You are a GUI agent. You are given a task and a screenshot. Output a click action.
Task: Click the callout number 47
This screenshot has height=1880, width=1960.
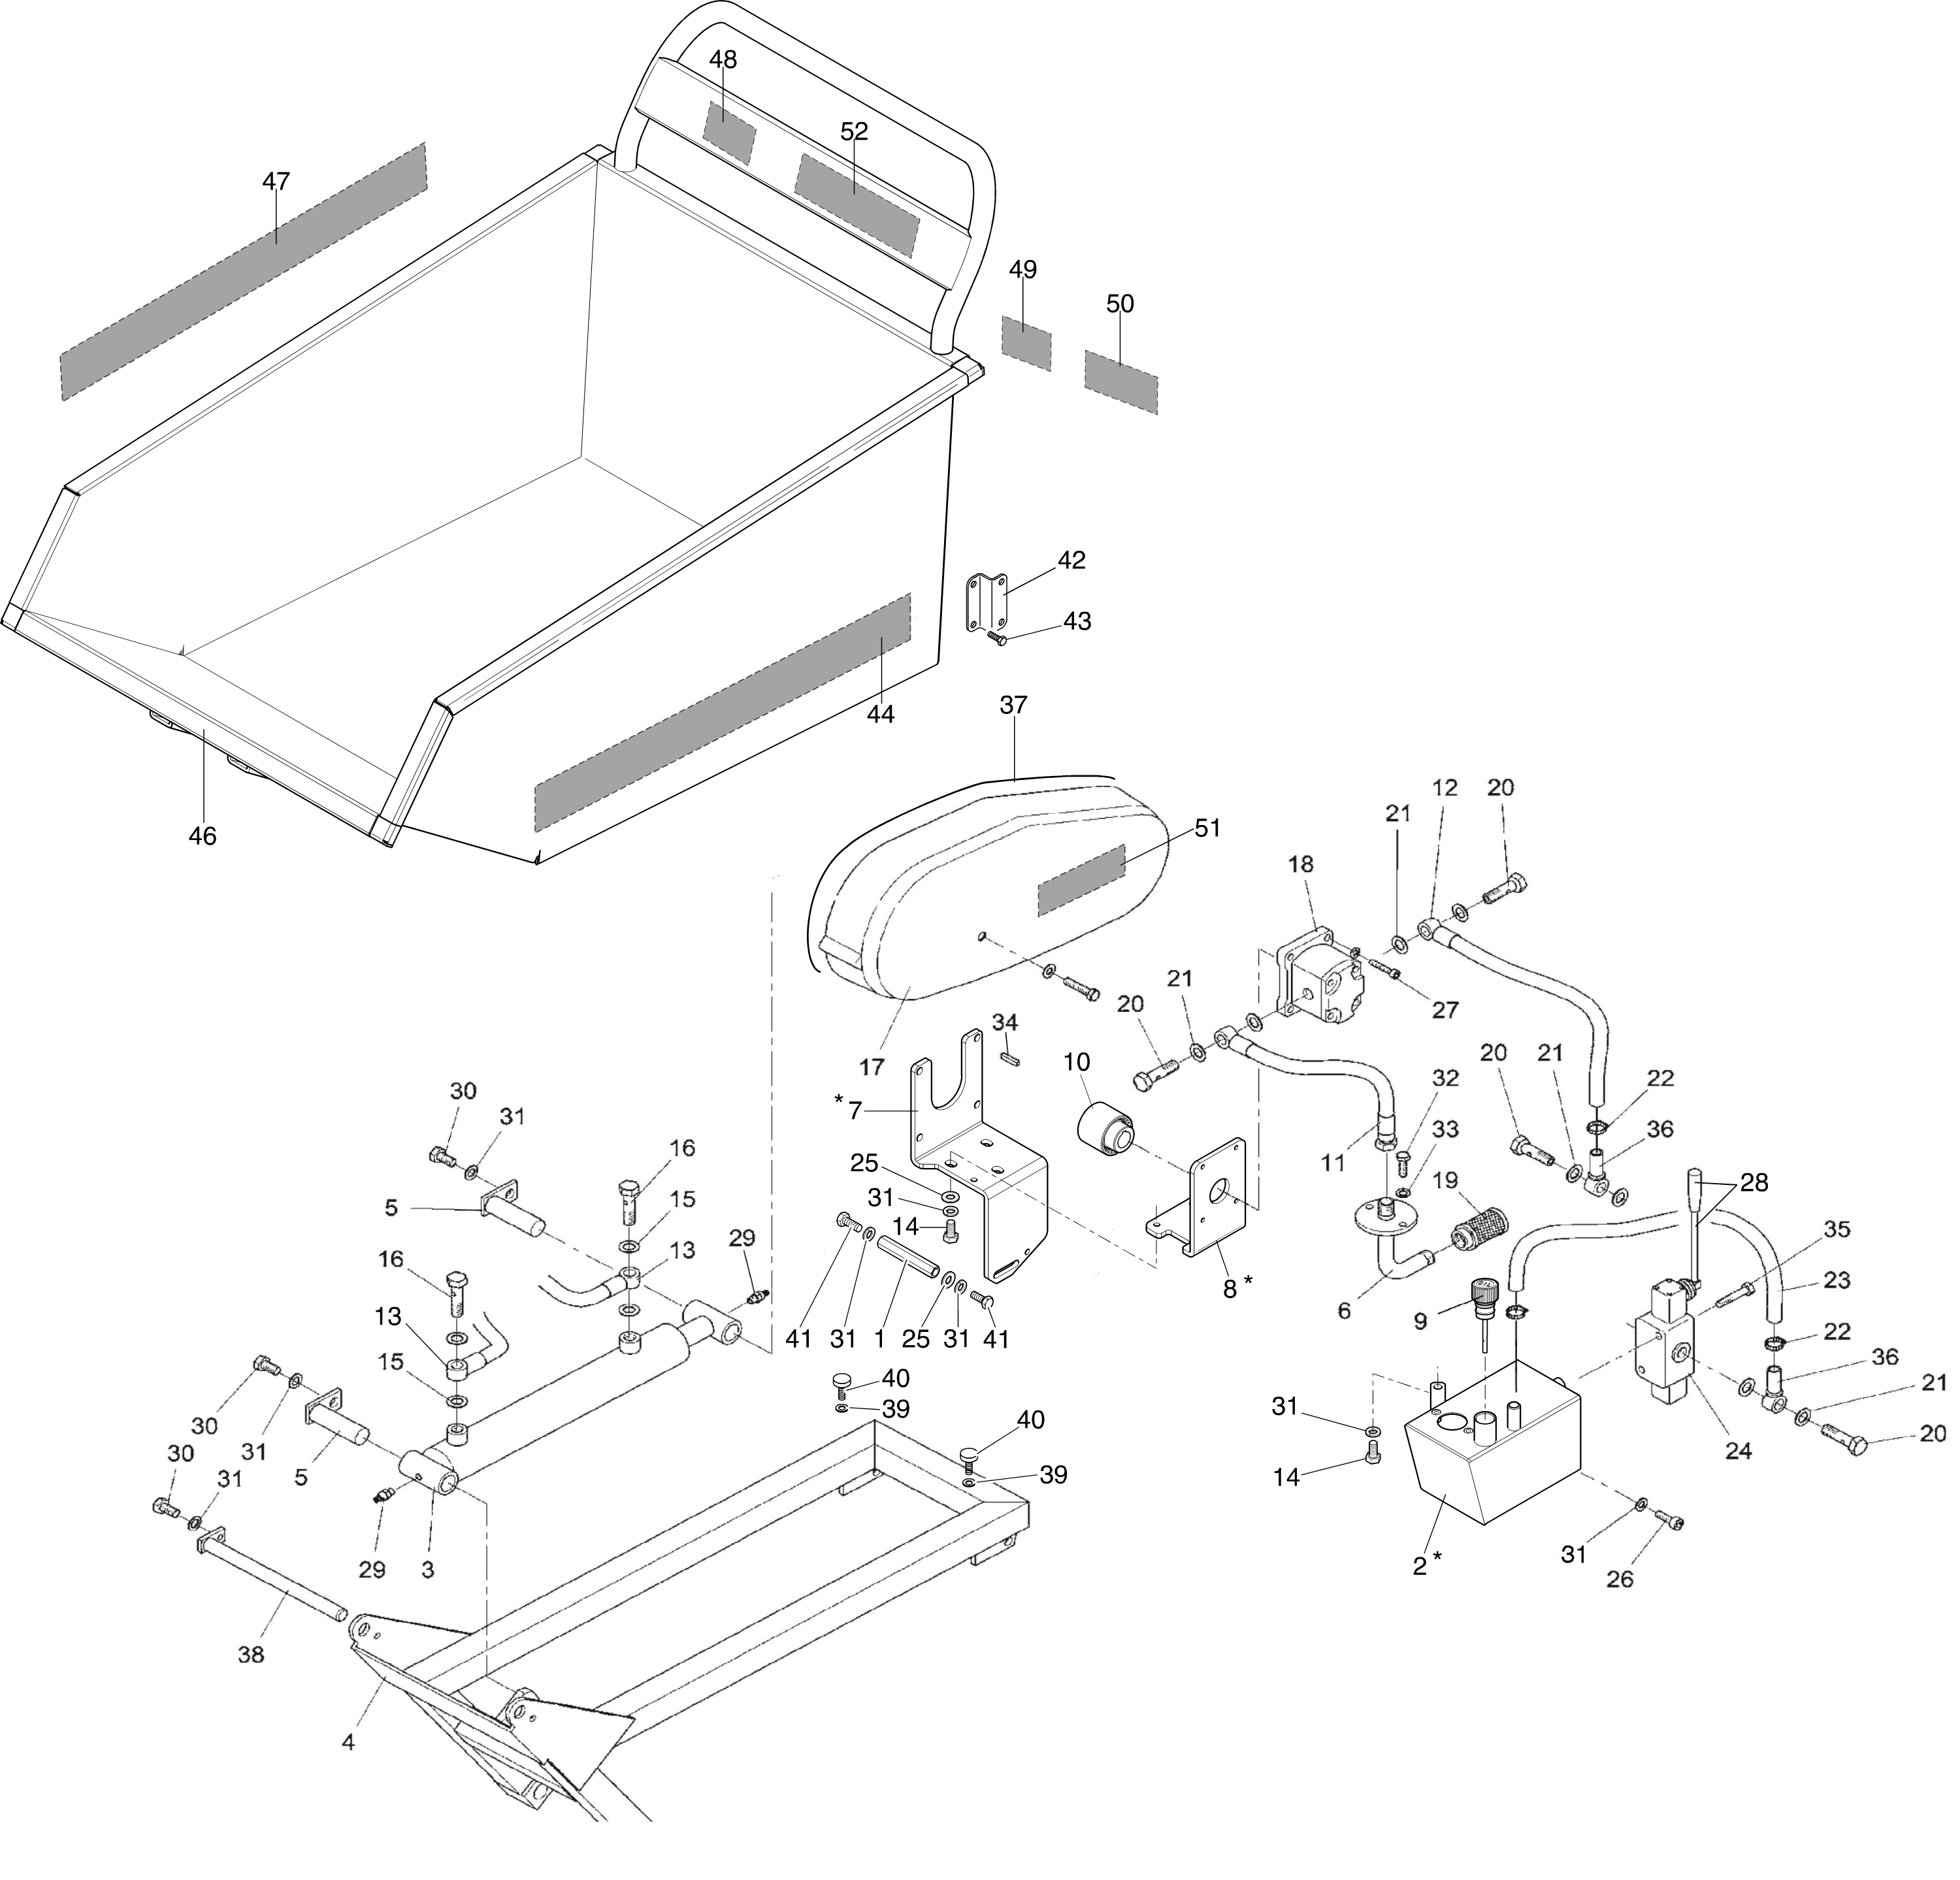coord(276,181)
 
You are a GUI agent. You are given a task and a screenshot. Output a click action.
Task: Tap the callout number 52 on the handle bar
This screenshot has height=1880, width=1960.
coord(854,131)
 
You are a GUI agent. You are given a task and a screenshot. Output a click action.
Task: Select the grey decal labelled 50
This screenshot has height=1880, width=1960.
coord(1121,381)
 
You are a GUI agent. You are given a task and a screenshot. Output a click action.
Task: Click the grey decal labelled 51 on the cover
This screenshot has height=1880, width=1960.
coord(1082,879)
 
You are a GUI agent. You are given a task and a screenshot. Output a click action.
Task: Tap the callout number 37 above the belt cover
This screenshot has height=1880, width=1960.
coord(1013,705)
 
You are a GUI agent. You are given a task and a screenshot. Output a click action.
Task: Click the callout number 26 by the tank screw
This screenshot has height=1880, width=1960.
coord(1619,1579)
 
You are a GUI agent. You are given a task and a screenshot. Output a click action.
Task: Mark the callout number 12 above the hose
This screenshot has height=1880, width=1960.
coord(1445,788)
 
